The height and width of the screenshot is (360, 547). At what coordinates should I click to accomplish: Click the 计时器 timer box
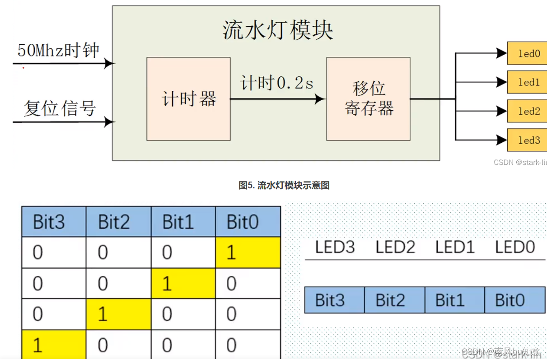coord(188,98)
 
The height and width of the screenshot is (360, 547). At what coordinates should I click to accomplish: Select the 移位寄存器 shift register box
coord(368,98)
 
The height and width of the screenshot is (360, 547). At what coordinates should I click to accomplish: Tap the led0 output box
coord(527,53)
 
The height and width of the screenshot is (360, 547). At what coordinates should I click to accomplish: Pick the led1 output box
coord(527,82)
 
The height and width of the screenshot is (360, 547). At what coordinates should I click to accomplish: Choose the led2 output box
coord(527,111)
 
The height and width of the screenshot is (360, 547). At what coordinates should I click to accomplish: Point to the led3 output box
coord(527,140)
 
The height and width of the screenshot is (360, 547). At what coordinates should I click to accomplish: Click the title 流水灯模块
coord(278,30)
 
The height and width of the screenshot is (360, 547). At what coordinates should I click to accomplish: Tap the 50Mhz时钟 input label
coord(58,50)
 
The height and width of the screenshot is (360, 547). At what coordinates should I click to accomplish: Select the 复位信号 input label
coord(60,108)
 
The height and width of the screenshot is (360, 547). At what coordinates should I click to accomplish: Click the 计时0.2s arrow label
coord(277,83)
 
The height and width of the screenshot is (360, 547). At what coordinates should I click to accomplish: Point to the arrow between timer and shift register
coord(277,98)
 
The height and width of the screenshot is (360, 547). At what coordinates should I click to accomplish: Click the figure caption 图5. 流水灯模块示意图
coord(284,185)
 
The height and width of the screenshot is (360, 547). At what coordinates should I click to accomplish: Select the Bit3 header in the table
coord(54,222)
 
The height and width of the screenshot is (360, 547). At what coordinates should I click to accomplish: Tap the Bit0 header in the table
coord(248,222)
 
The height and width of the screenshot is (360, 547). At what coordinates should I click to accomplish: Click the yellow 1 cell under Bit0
coord(248,252)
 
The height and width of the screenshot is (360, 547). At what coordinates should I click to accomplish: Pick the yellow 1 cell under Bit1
coord(183,283)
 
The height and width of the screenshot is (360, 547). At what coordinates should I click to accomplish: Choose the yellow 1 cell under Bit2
coord(118,314)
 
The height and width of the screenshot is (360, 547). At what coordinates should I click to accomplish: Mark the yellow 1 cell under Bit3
coord(54,345)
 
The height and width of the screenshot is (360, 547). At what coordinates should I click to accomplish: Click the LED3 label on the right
coord(335,247)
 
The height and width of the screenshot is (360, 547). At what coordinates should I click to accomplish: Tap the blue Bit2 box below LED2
coord(394,300)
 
